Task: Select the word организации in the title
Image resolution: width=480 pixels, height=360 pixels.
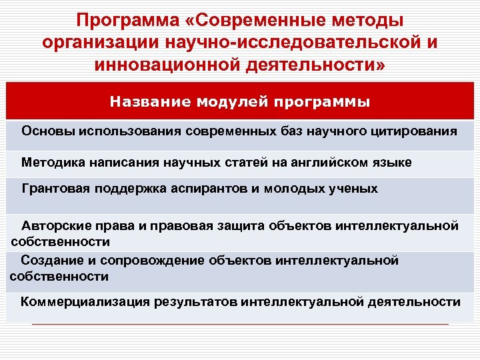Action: click(x=92, y=44)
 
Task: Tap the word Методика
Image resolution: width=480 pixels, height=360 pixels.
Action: click(x=51, y=162)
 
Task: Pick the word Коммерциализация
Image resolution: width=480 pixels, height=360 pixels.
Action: click(x=85, y=302)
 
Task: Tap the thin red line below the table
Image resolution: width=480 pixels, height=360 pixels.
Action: click(x=240, y=324)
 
